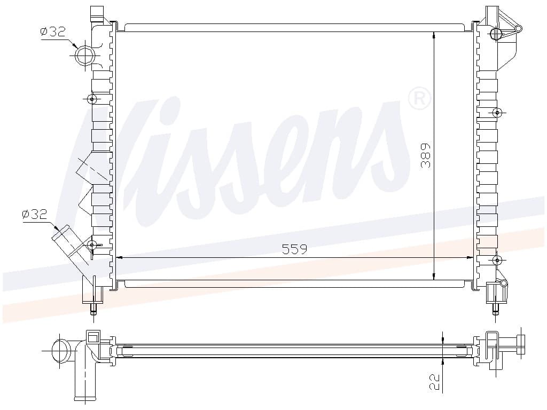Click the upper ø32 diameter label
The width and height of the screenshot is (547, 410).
coord(53,31)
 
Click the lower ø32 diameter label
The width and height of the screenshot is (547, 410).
coord(34,214)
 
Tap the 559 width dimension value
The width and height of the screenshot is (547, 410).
coord(294,249)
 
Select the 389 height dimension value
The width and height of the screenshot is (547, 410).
coord(426,155)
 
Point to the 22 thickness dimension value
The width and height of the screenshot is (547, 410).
coord(434,382)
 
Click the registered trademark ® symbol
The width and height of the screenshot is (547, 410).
coord(419,99)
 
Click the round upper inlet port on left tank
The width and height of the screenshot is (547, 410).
coord(85,56)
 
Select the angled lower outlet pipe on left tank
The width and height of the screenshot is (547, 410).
coord(72,245)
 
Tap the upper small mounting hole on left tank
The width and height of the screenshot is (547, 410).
coord(92,99)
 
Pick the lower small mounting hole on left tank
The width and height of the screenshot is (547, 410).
coord(92,245)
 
